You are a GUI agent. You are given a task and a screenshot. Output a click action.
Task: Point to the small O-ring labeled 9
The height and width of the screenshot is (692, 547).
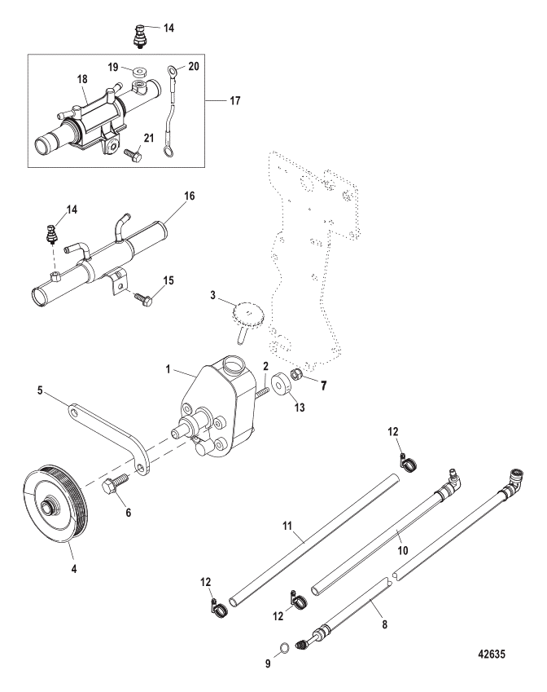[x=285, y=648]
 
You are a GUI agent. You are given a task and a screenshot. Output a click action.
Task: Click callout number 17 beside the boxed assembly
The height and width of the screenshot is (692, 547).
[x=235, y=100]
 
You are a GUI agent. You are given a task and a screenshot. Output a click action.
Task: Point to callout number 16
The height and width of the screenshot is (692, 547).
[x=190, y=196]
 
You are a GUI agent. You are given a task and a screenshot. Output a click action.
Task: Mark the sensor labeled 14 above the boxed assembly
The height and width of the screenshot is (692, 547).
[x=142, y=35]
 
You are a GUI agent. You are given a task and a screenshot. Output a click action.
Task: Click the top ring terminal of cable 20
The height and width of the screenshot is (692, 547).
[x=171, y=71]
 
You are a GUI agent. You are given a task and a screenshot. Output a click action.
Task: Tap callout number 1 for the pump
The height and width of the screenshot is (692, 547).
[x=168, y=369]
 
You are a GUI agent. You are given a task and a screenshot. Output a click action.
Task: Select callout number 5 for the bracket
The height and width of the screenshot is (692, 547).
[x=40, y=390]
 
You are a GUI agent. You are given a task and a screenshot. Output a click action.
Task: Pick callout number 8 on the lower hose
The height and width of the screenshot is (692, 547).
[x=384, y=624]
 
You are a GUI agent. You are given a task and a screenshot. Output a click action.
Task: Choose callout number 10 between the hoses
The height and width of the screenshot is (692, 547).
[x=403, y=550]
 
